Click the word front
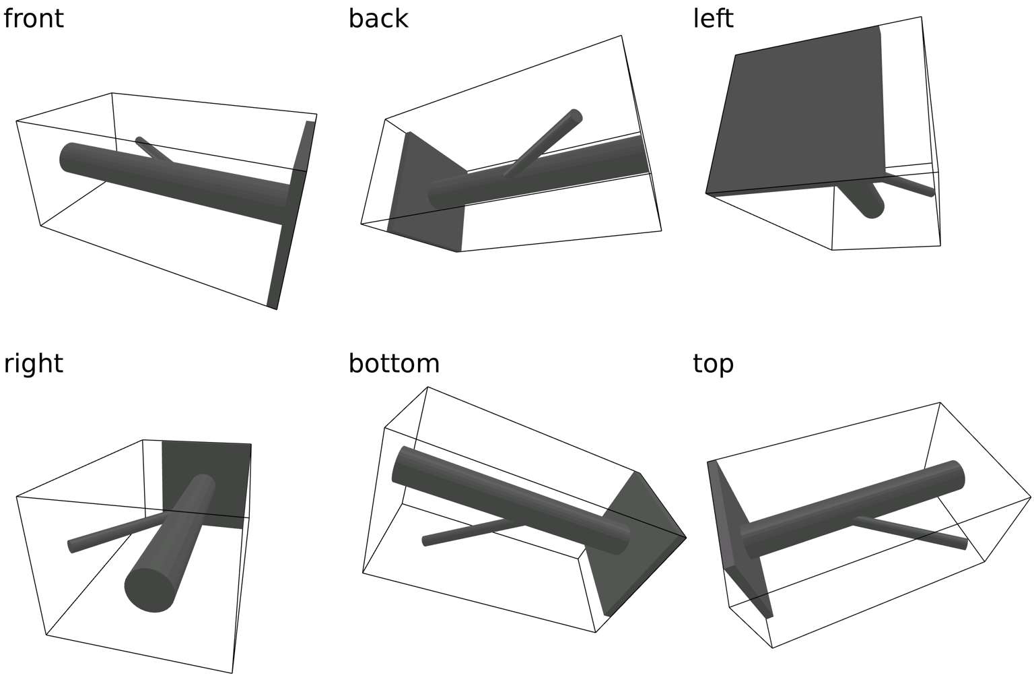pyautogui.click(x=33, y=19)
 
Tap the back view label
pyautogui.click(x=378, y=19)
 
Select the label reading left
pyautogui.click(x=713, y=19)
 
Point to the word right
pyautogui.click(x=33, y=364)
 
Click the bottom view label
pyautogui.click(x=394, y=364)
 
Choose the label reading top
pyautogui.click(x=713, y=365)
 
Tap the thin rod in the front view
pyautogui.click(x=153, y=150)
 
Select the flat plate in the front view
pyautogui.click(x=291, y=215)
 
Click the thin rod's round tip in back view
pyautogui.click(x=575, y=115)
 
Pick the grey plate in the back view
pyautogui.click(x=427, y=192)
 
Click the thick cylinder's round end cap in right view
pyautogui.click(x=149, y=589)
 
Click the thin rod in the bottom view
pyautogui.click(x=473, y=532)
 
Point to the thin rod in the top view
pyautogui.click(x=909, y=533)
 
